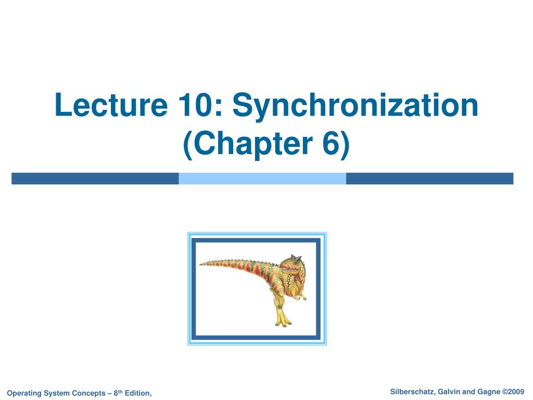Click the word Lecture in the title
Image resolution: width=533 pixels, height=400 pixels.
[111, 104]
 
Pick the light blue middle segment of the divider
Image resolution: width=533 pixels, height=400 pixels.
[262, 179]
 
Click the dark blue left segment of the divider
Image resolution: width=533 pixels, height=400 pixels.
[95, 179]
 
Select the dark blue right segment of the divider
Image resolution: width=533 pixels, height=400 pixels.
[429, 179]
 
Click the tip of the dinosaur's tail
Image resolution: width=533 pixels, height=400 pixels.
[200, 264]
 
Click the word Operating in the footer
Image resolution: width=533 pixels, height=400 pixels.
[24, 393]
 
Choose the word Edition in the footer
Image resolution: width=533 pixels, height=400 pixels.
[138, 393]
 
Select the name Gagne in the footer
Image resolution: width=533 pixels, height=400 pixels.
[489, 392]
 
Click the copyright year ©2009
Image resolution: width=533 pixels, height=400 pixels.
[513, 392]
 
